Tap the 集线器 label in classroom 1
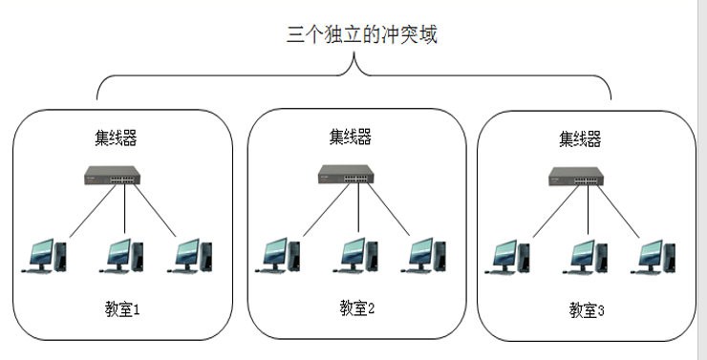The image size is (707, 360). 116,138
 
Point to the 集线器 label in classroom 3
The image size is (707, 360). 580,139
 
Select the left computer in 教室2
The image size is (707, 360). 281,254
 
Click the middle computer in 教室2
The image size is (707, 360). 358,254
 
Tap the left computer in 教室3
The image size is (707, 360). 510,256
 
